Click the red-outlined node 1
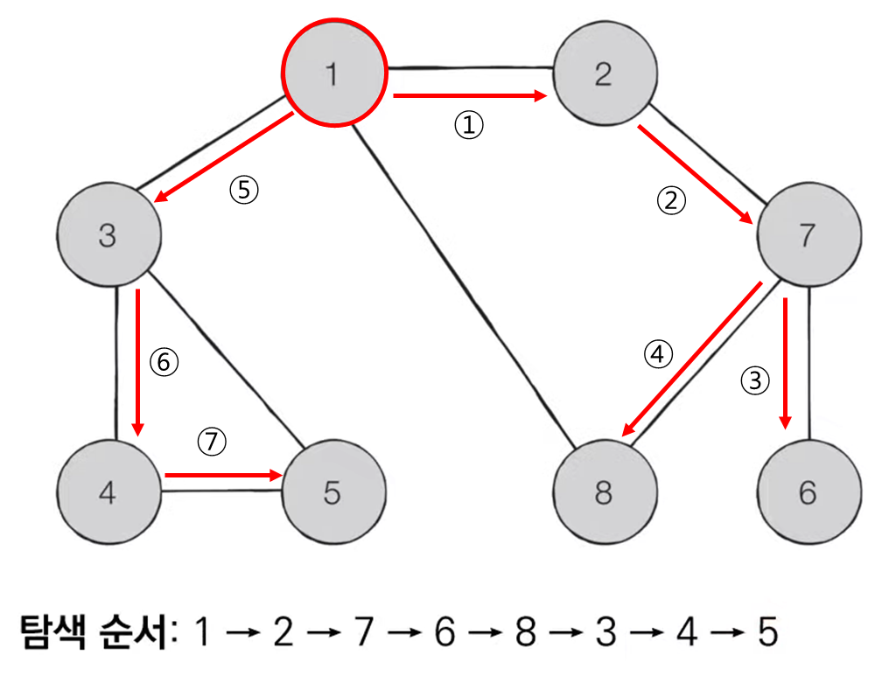coord(332,73)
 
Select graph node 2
coord(603,73)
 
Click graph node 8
coord(603,493)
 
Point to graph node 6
coord(807,493)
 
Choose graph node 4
coord(108,493)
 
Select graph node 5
coord(332,493)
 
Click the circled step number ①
coord(468,126)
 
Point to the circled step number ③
coord(756,380)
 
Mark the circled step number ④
coord(659,353)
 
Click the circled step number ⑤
coord(244,191)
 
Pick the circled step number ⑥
coord(164,362)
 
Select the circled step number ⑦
coord(211,443)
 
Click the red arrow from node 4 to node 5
coord(223,476)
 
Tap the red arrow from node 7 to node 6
coord(787,363)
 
